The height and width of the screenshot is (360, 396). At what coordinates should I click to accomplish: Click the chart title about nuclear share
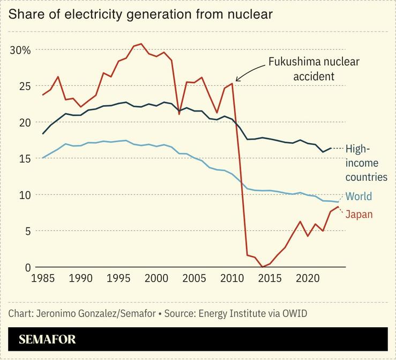pyautogui.click(x=140, y=14)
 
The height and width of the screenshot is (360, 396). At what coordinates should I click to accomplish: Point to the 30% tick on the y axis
pyautogui.click(x=21, y=50)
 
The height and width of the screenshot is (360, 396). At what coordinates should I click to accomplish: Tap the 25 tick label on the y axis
pyautogui.click(x=24, y=86)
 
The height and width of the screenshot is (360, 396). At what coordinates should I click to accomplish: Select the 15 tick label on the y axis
pyautogui.click(x=24, y=158)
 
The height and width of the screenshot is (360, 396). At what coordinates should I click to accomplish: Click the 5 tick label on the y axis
pyautogui.click(x=27, y=231)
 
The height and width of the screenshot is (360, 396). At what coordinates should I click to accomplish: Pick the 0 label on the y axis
pyautogui.click(x=27, y=267)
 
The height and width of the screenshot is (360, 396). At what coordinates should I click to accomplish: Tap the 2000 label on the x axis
pyautogui.click(x=156, y=279)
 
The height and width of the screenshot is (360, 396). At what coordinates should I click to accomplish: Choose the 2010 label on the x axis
pyautogui.click(x=231, y=279)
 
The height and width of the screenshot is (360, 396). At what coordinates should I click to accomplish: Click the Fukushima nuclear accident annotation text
pyautogui.click(x=313, y=69)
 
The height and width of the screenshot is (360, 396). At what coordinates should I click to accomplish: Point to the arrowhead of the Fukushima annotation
pyautogui.click(x=237, y=80)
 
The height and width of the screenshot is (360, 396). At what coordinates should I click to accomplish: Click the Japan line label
pyautogui.click(x=358, y=215)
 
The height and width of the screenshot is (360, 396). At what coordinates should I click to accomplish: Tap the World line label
pyautogui.click(x=358, y=196)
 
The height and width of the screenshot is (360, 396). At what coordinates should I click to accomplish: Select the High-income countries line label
pyautogui.click(x=365, y=163)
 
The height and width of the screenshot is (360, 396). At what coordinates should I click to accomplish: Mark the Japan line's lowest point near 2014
pyautogui.click(x=262, y=267)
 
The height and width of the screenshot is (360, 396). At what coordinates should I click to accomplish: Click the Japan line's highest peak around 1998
pyautogui.click(x=141, y=44)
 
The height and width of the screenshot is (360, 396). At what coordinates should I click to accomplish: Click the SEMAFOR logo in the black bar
pyautogui.click(x=47, y=339)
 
